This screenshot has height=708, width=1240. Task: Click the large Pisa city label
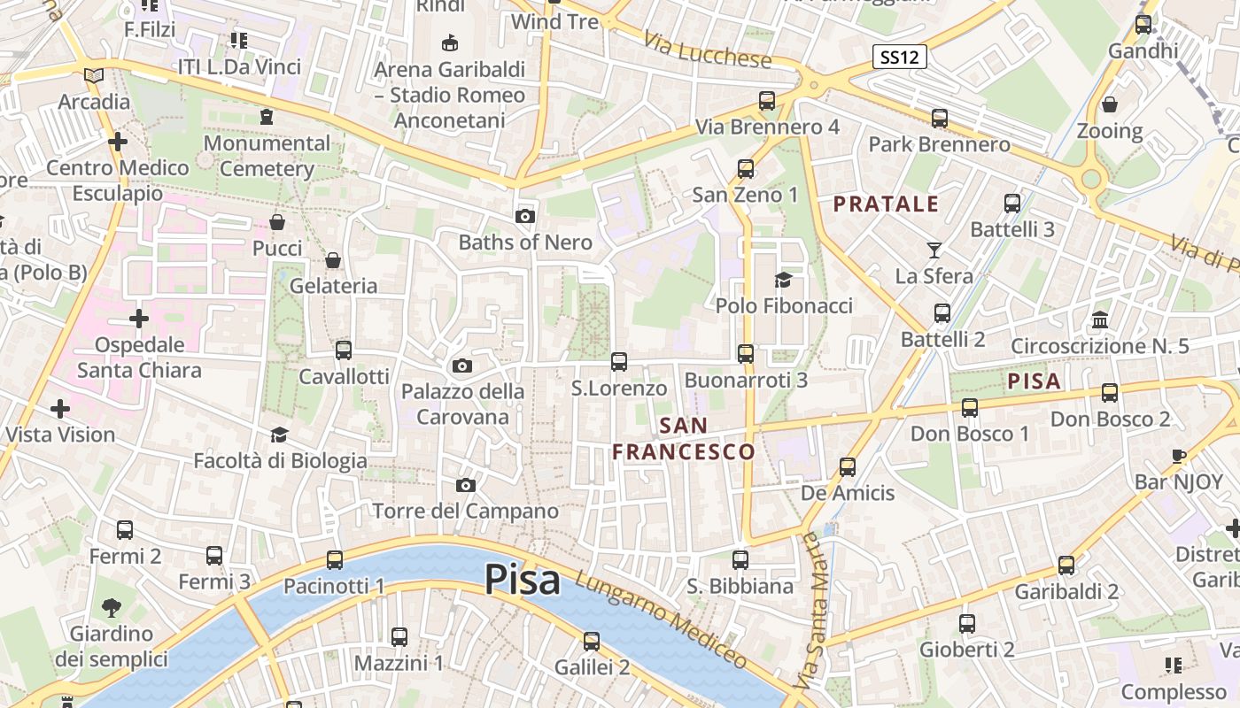tap(523, 581)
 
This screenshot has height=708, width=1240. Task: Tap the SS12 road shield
tap(899, 58)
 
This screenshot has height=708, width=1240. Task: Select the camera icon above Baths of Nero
tap(525, 216)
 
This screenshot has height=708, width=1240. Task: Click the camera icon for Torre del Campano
tap(465, 485)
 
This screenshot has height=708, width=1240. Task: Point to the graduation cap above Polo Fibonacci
tap(783, 281)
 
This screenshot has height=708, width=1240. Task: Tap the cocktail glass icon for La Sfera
tap(934, 250)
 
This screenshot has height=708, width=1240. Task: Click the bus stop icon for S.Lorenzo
tap(619, 362)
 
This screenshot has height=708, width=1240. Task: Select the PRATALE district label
tap(886, 204)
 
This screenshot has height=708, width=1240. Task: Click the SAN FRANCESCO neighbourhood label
tap(684, 439)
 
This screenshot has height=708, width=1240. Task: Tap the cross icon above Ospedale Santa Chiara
tap(139, 319)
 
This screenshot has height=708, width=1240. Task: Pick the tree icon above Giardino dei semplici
tap(111, 608)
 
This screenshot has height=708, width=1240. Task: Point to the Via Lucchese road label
tap(708, 52)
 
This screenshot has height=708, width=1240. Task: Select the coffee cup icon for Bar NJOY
tap(1178, 457)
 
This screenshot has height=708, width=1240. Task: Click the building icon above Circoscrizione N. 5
tap(1100, 319)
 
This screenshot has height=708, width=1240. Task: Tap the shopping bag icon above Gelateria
tap(333, 260)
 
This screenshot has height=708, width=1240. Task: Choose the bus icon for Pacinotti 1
tap(334, 560)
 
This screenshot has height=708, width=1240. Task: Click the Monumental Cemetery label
tap(267, 156)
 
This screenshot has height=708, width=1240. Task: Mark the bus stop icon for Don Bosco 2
tap(1110, 393)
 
